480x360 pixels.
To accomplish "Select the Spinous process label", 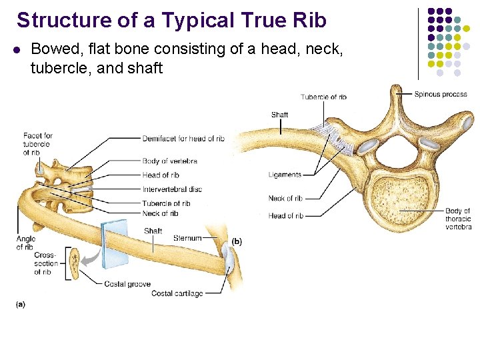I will pyautogui.click(x=441, y=94).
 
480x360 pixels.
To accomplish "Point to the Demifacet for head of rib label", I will pyautogui.click(x=183, y=139).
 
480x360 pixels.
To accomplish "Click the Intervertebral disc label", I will pyautogui.click(x=172, y=189).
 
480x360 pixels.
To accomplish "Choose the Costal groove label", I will pyautogui.click(x=127, y=284).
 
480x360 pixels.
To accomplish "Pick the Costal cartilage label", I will pyautogui.click(x=177, y=293).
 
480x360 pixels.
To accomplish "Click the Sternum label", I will pyautogui.click(x=187, y=238).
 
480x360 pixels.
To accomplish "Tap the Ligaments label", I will pyautogui.click(x=285, y=175).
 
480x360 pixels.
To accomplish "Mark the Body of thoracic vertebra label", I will pyautogui.click(x=458, y=219).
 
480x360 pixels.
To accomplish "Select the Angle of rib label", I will pyautogui.click(x=25, y=243).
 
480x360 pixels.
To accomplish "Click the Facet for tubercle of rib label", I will pyautogui.click(x=37, y=144).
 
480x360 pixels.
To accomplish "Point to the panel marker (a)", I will pyautogui.click(x=21, y=304).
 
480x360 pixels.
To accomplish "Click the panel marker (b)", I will pyautogui.click(x=237, y=241).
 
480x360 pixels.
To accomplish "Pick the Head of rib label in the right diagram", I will pyautogui.click(x=285, y=215).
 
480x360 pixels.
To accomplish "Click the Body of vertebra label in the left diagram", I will pyautogui.click(x=169, y=161).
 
